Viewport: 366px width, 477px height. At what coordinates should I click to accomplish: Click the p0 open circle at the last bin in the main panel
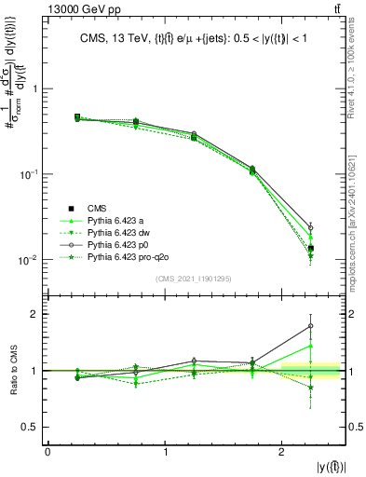pyautogui.click(x=311, y=226)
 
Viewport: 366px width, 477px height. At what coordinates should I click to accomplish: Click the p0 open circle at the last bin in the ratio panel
pyautogui.click(x=311, y=326)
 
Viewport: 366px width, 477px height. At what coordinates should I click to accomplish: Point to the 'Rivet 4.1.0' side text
pyautogui.click(x=358, y=65)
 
